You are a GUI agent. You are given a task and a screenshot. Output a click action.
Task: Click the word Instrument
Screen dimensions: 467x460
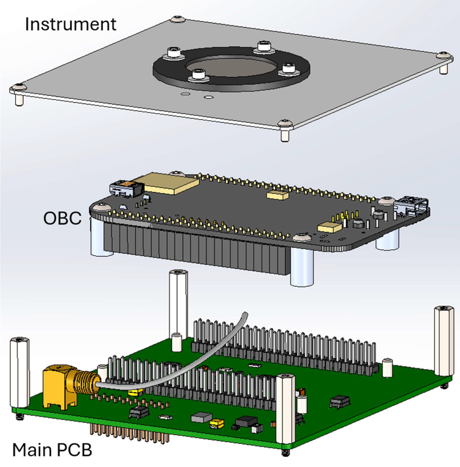pyautogui.click(x=70, y=24)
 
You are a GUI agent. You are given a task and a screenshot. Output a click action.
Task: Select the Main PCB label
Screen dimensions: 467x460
pyautogui.click(x=52, y=449)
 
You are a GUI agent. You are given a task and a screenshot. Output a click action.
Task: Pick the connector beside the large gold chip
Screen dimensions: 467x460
pyautogui.click(x=125, y=189)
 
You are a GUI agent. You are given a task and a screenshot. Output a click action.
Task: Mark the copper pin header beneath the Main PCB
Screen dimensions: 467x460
pyautogui.click(x=123, y=434)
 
